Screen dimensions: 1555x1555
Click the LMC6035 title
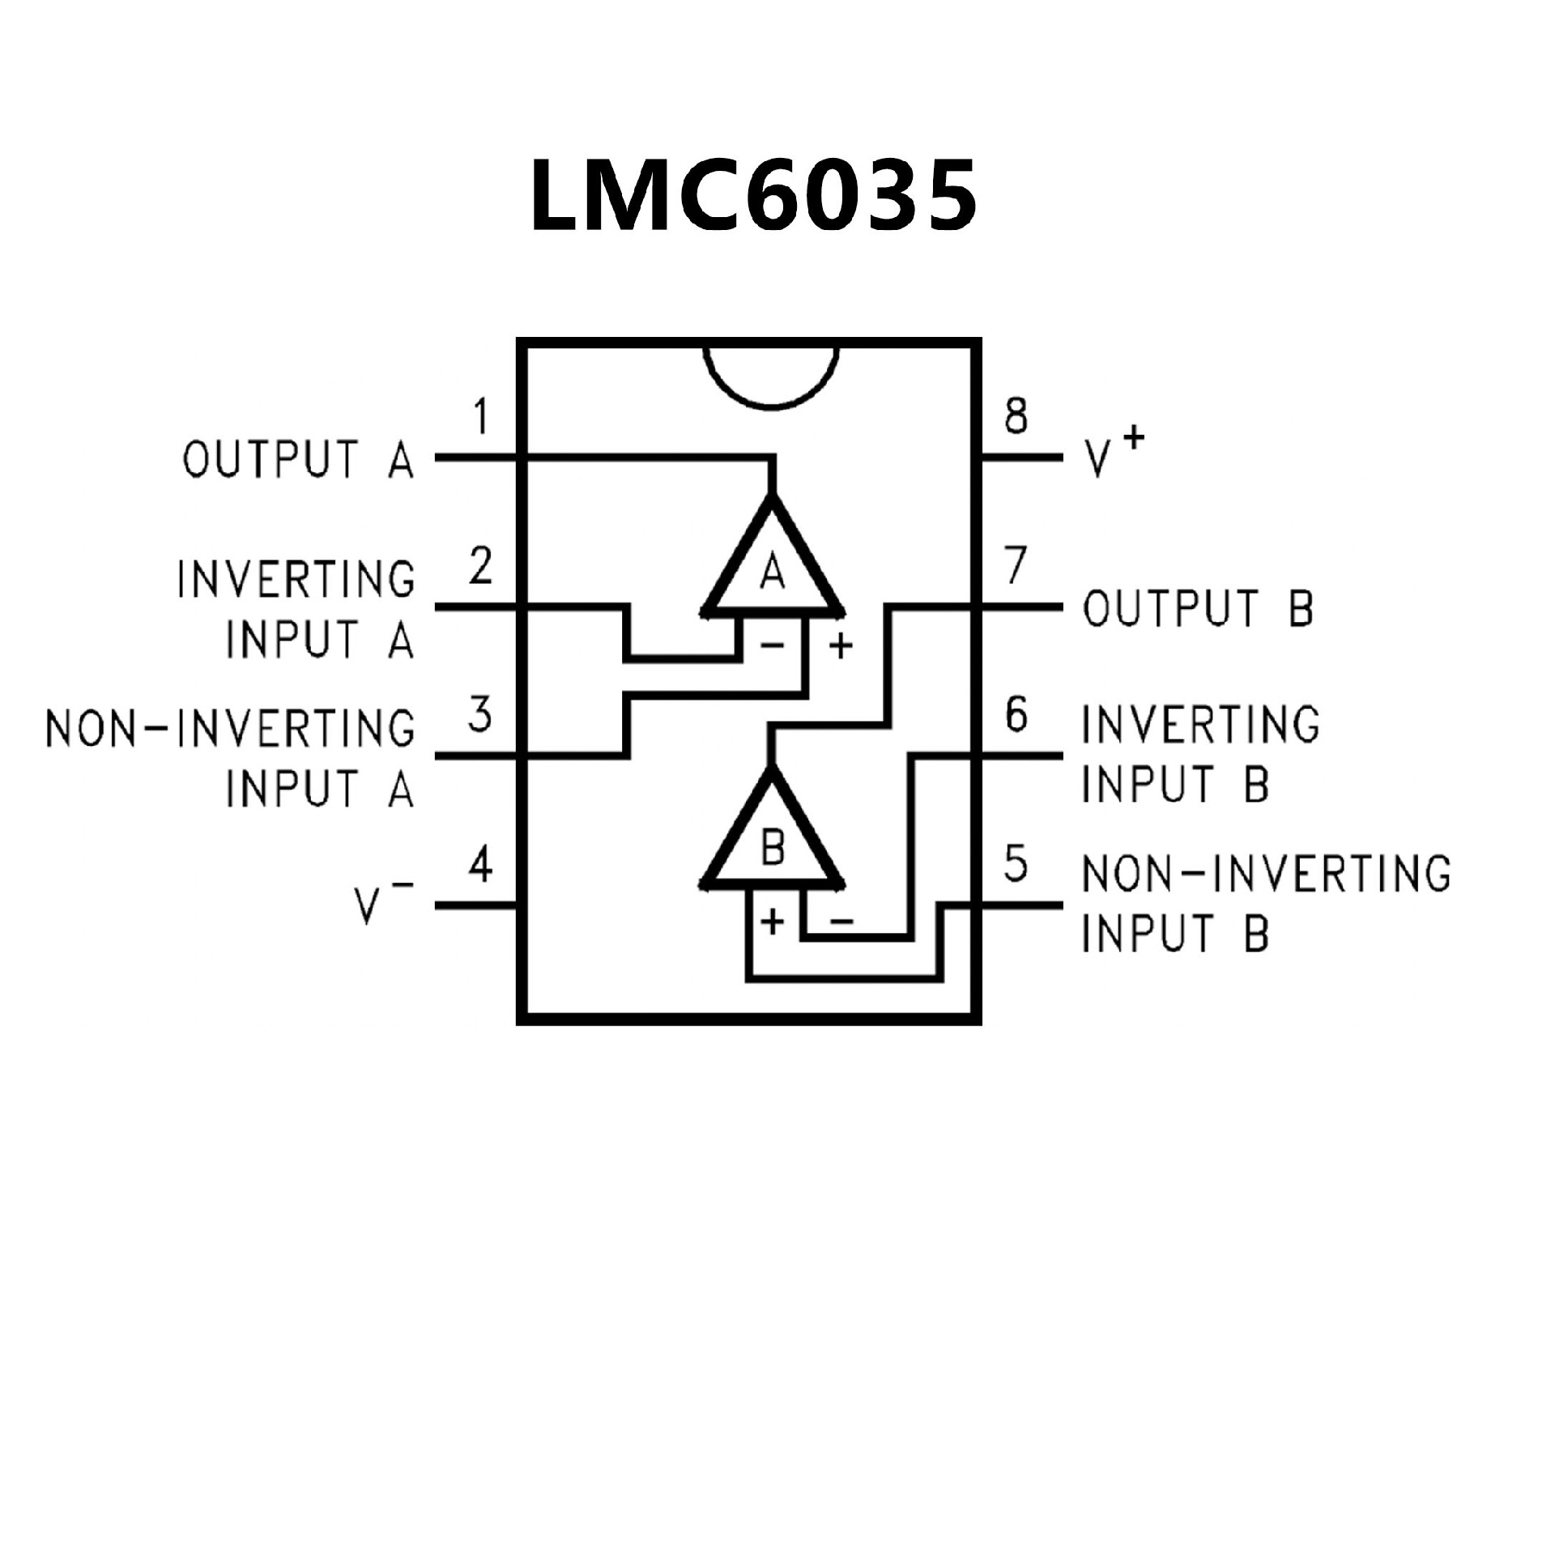752,195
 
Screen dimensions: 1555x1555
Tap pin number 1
482,418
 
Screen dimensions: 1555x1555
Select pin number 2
481,566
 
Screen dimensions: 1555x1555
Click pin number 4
481,865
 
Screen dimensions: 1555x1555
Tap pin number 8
1016,416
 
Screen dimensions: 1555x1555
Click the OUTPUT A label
298,460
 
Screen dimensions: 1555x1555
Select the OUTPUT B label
1198,608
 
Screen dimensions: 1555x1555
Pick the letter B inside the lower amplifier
773,850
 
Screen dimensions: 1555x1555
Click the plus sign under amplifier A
841,646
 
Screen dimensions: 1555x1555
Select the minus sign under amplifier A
772,645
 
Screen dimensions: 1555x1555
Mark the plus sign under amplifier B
773,922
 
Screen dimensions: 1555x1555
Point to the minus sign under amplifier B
841,921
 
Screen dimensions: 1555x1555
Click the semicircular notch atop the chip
771,374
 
